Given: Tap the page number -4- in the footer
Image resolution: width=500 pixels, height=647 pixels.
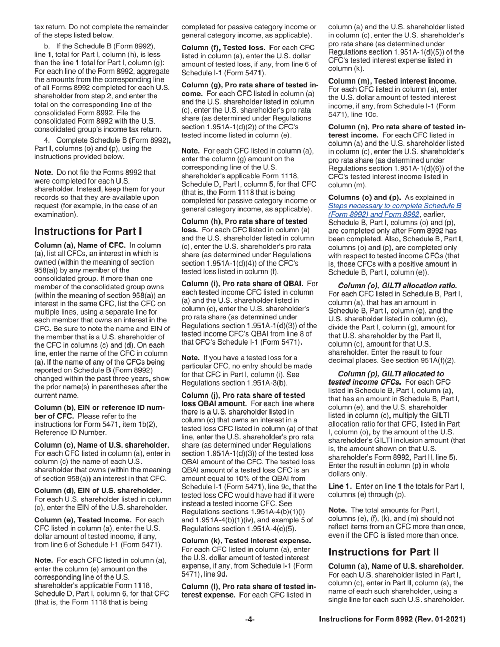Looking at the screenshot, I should point(250,620).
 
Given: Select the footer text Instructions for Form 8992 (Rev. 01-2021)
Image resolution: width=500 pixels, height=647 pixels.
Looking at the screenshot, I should point(393,620).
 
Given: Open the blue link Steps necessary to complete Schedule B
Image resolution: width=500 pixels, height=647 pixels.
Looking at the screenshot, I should point(394,205).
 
